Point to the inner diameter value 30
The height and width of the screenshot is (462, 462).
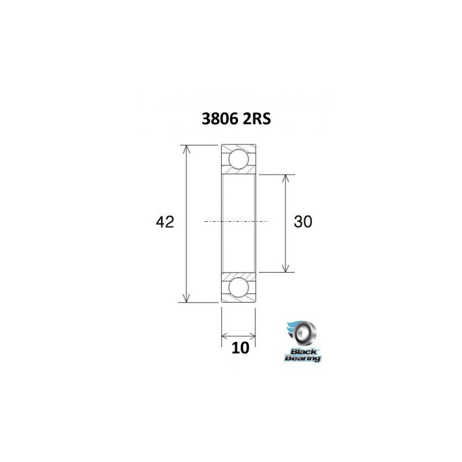303,222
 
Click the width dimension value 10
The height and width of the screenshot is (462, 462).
240,347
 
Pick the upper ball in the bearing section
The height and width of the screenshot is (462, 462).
239,158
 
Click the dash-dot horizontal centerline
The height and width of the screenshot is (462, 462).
237,221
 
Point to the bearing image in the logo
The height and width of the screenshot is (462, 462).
304,334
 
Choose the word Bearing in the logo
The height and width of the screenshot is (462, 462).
303,359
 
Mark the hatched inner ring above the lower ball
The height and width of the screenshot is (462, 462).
239,275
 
